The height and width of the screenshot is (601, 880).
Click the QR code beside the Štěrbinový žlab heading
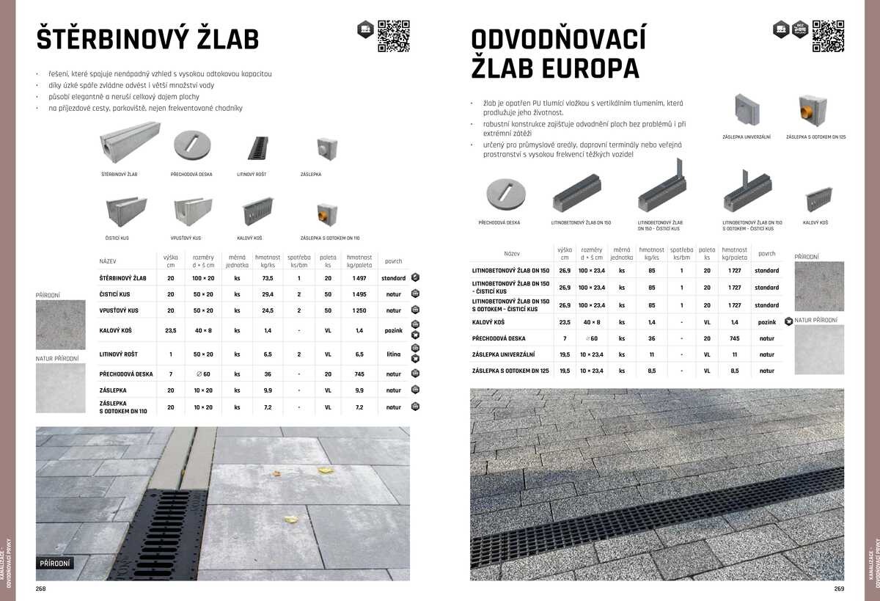click(x=393, y=36)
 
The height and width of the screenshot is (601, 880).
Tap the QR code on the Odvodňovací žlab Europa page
click(x=828, y=36)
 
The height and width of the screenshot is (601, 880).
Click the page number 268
click(x=41, y=589)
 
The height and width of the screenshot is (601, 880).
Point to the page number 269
click(x=839, y=589)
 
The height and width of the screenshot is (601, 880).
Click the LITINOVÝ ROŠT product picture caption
click(x=252, y=175)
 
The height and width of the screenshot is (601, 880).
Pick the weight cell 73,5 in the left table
click(x=268, y=279)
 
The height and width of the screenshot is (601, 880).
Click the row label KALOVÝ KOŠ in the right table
click(x=488, y=322)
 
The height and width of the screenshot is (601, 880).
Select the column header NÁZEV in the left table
click(x=108, y=261)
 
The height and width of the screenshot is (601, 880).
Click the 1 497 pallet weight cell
click(x=359, y=279)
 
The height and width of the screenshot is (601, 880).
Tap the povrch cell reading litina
click(x=394, y=354)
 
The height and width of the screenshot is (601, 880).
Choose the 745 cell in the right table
click(x=735, y=338)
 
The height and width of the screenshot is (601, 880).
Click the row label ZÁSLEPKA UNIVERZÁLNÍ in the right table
click(x=502, y=354)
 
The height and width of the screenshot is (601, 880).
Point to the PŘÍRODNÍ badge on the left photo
click(x=55, y=564)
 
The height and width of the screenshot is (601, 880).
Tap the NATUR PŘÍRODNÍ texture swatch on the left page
click(x=61, y=388)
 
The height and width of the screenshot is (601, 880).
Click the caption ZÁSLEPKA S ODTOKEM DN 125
click(x=815, y=137)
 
